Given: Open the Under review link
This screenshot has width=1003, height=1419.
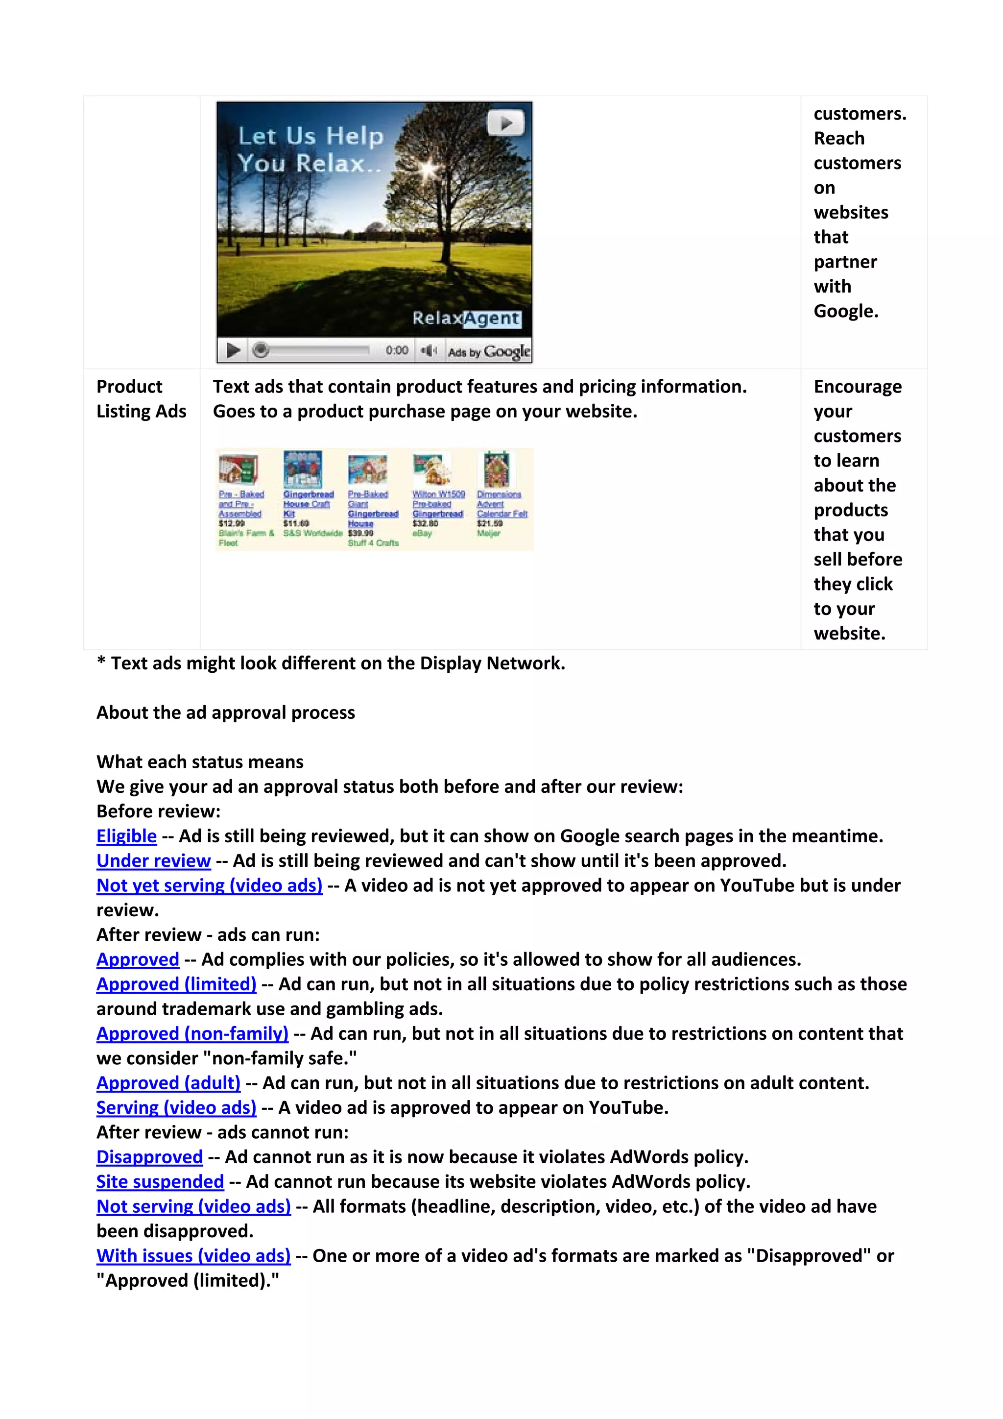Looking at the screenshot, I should click(153, 860).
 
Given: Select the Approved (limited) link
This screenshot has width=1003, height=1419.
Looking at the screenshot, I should click(176, 984).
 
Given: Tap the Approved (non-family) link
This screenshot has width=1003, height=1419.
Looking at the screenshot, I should click(192, 1033).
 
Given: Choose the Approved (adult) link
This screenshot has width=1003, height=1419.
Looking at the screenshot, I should click(168, 1083).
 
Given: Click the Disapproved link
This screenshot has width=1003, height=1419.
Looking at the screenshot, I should click(149, 1157).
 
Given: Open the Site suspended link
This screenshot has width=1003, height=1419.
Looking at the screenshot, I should click(160, 1182).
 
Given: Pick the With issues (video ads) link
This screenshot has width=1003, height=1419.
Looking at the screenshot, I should click(193, 1256).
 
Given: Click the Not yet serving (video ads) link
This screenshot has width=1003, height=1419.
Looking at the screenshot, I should click(210, 885).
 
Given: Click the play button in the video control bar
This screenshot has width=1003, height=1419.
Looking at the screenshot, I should click(233, 350).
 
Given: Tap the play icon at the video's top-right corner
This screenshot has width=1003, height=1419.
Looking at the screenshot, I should click(506, 123).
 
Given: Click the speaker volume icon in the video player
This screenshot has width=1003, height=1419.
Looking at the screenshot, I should click(428, 351).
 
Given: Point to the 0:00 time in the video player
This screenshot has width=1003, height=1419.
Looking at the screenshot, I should click(397, 350).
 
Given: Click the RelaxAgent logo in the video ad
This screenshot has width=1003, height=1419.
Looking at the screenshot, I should click(466, 318).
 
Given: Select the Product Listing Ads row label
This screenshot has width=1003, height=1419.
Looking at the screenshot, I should click(142, 399).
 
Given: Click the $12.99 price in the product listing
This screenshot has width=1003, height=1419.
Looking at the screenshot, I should click(232, 523).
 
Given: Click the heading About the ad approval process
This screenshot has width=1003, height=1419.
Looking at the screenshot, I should click(225, 712).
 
